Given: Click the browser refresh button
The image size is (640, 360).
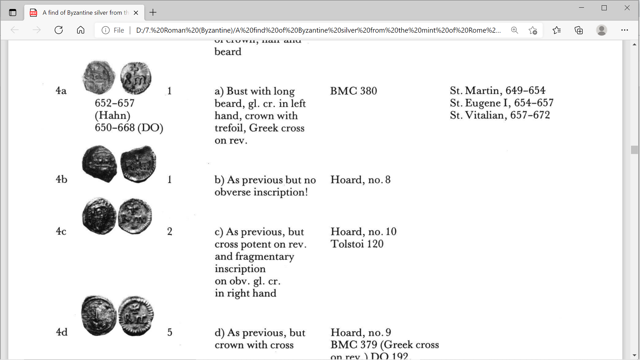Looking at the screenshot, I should [59, 30].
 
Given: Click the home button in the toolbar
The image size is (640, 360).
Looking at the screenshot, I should [81, 30].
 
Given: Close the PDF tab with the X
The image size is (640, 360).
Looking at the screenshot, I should [136, 13].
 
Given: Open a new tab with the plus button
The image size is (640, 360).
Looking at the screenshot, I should [153, 13].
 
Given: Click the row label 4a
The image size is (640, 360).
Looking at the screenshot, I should [61, 91].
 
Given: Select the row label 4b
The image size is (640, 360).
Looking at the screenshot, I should [61, 179].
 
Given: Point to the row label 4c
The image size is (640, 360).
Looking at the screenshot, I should [61, 231].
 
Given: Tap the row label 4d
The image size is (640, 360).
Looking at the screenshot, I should [62, 332].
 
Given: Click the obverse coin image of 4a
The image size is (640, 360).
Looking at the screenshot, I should [99, 77].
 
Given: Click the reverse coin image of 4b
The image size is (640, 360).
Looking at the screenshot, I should [138, 164].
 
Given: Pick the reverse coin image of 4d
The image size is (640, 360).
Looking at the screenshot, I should [136, 316].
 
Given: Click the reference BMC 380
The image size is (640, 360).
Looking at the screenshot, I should [353, 91].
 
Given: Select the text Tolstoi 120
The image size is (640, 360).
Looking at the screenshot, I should [357, 244].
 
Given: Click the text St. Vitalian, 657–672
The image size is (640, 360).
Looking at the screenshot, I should [500, 115].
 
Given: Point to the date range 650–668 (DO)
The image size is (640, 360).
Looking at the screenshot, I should [129, 128].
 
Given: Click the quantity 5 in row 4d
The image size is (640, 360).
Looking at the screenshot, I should [170, 332].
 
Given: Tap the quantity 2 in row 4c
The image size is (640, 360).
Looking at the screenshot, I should [170, 231].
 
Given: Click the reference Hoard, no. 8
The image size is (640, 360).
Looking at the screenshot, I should [360, 180].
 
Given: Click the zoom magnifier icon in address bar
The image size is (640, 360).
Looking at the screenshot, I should [515, 30].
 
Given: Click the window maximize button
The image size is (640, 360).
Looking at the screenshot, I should [604, 8].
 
